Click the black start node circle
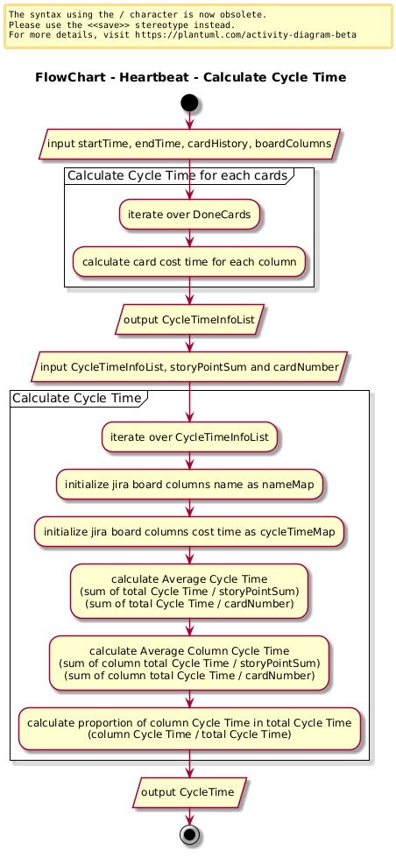pyautogui.click(x=189, y=103)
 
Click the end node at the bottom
pyautogui.click(x=189, y=835)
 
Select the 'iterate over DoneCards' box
pyautogui.click(x=189, y=215)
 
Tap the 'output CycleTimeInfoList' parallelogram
pyautogui.click(x=189, y=320)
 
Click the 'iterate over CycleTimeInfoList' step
pyautogui.click(x=189, y=437)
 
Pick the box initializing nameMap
pyautogui.click(x=189, y=485)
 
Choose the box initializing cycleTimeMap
pyautogui.click(x=189, y=531)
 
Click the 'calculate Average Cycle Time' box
pyautogui.click(x=189, y=591)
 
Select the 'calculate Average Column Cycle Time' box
pyautogui.click(x=189, y=663)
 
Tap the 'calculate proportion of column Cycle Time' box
pyautogui.click(x=189, y=728)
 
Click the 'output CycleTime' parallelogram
pyautogui.click(x=189, y=792)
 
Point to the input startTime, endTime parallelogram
pyautogui.click(x=189, y=145)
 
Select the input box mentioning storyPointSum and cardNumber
pyautogui.click(x=189, y=366)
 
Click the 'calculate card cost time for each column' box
pyautogui.click(x=189, y=261)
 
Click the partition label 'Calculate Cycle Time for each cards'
pyautogui.click(x=177, y=175)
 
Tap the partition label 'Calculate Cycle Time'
pyautogui.click(x=76, y=398)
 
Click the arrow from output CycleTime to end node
pyautogui.click(x=189, y=817)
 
